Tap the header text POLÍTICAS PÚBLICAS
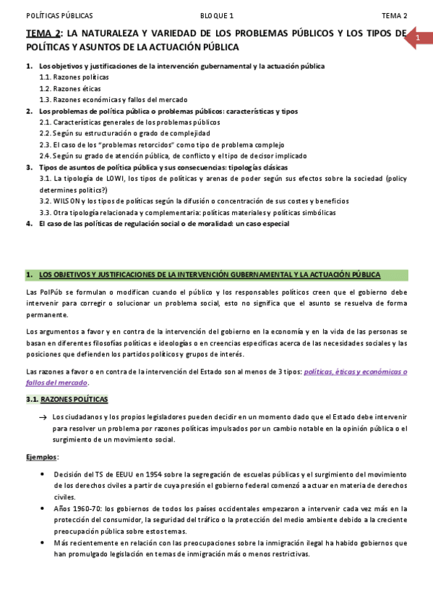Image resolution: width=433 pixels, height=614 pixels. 59,16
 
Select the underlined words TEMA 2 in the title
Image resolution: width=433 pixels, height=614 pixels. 43,33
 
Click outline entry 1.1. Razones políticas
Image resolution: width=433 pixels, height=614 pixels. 74,77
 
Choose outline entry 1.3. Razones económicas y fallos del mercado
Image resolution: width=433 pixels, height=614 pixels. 113,100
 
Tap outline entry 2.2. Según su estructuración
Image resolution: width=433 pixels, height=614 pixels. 124,134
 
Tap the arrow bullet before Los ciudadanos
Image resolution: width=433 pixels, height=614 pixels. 45,418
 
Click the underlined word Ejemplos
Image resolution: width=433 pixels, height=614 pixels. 42,458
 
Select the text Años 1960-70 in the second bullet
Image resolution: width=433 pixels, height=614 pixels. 75,509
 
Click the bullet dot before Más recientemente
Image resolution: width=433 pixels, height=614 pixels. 45,543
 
